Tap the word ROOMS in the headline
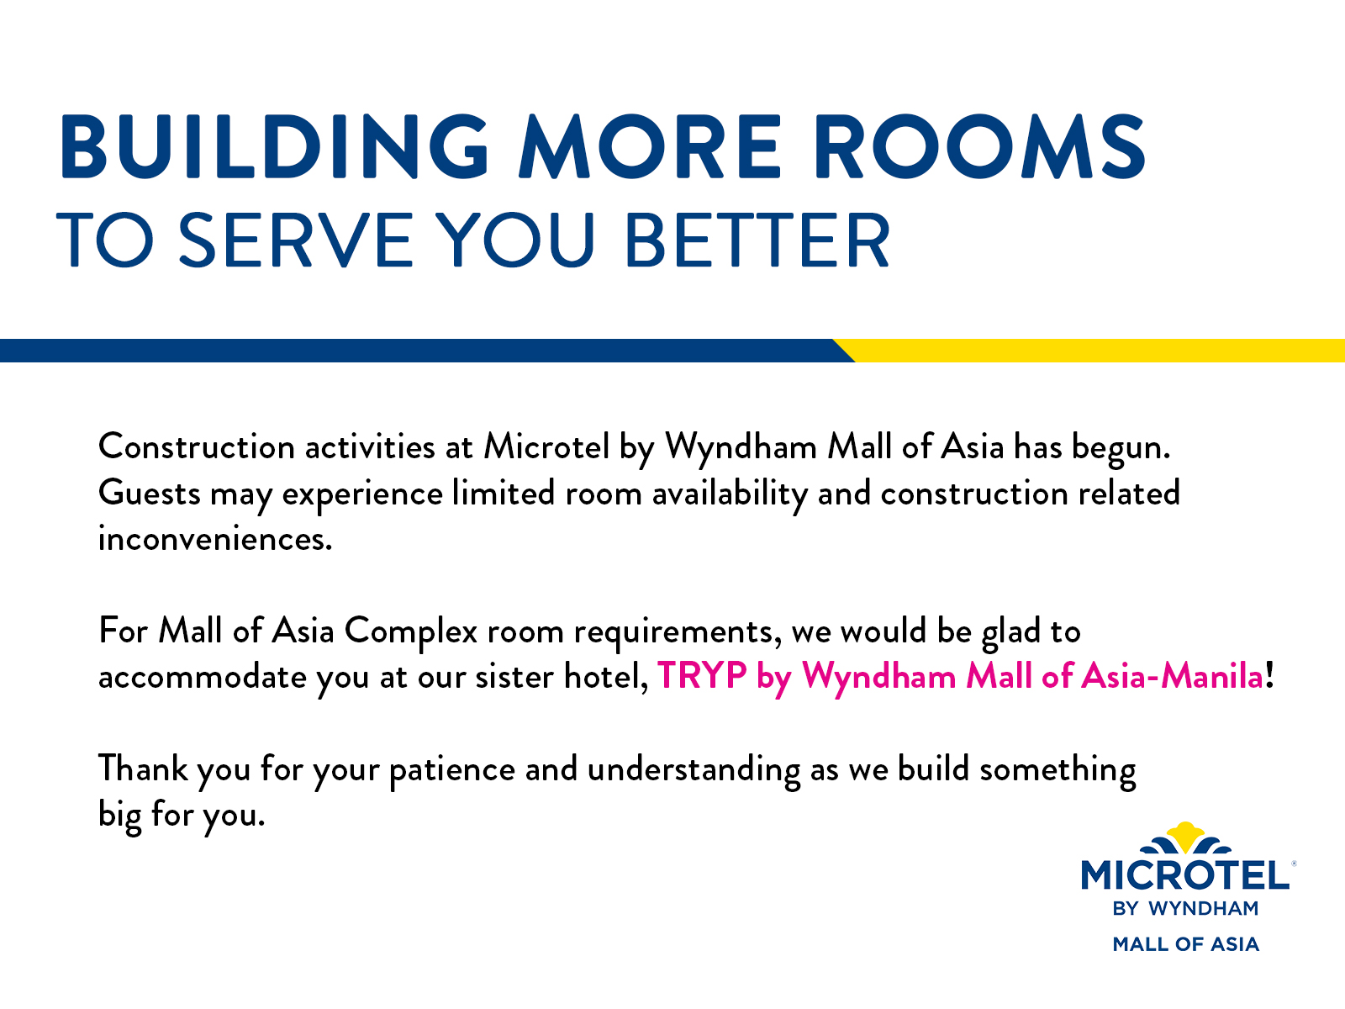[x=979, y=147]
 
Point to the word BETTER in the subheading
[x=757, y=240]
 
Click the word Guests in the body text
[x=150, y=494]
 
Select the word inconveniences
[x=215, y=539]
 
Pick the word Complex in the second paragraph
[x=410, y=631]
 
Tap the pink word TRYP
[x=702, y=676]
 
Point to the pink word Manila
[x=1213, y=676]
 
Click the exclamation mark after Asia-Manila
[x=1269, y=676]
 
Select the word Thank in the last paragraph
[x=143, y=769]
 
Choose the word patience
[x=452, y=770]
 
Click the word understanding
[x=694, y=770]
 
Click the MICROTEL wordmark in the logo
[x=1185, y=874]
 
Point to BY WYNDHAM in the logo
[x=1185, y=909]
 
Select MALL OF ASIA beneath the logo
[x=1185, y=944]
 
